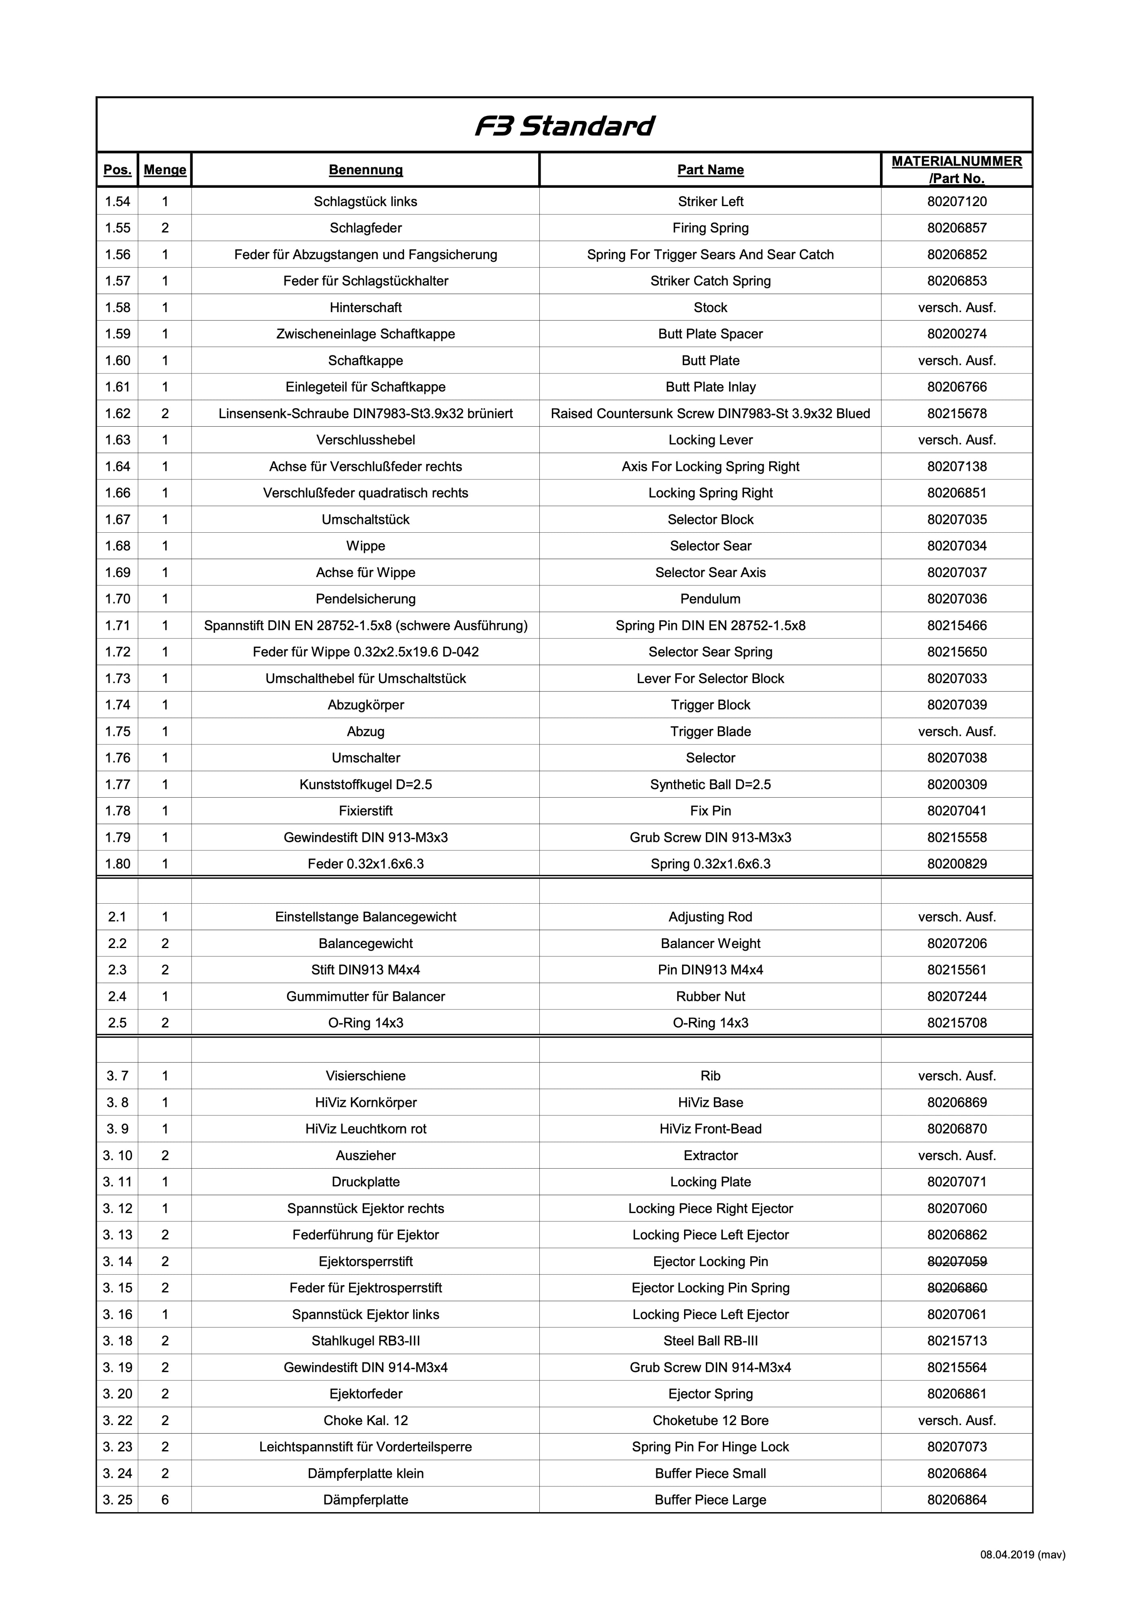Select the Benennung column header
(365, 170)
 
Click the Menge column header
(164, 170)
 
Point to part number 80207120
(957, 202)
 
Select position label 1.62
(117, 414)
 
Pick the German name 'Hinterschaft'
(365, 308)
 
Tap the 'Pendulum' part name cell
(710, 599)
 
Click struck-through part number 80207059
(957, 1262)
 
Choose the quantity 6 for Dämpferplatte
(164, 1500)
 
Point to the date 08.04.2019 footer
(1022, 1555)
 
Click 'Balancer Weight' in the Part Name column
(710, 944)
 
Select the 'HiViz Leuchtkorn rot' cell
(365, 1129)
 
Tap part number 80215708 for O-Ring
(957, 1023)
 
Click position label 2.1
(117, 917)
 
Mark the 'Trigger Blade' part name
(710, 731)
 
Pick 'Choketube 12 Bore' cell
(710, 1421)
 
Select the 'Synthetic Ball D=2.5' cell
(710, 785)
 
